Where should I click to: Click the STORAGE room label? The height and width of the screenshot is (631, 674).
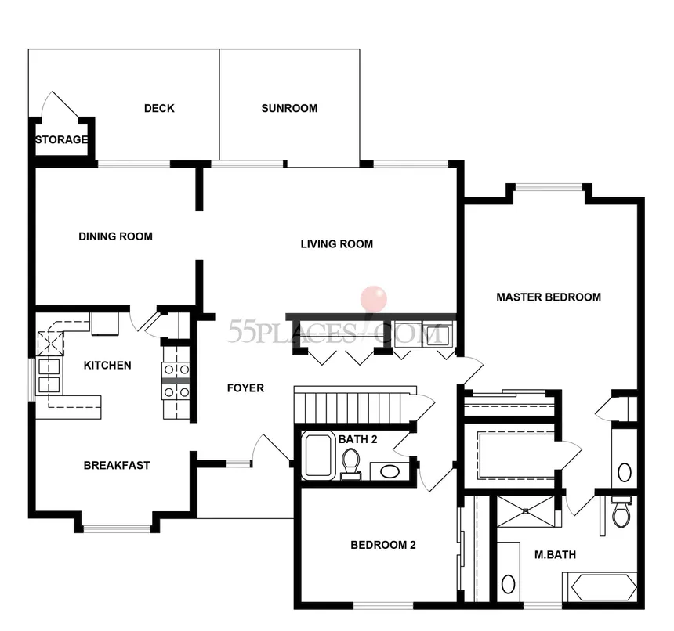point(61,140)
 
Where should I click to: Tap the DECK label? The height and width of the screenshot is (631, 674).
point(159,109)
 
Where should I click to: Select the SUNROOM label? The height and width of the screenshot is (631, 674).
point(289,109)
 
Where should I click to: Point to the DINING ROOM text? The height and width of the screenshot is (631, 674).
point(115,236)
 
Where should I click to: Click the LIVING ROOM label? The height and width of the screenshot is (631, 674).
point(336,244)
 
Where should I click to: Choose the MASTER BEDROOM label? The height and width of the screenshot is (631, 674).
point(549,297)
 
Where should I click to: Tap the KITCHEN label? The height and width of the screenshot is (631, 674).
point(107,366)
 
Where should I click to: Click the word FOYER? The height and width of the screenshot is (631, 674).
point(245,388)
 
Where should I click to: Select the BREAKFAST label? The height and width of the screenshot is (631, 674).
point(117,466)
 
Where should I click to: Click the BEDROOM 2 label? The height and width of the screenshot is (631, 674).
point(382,546)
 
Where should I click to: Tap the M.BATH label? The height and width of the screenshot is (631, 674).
point(555,555)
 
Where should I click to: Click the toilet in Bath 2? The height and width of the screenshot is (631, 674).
point(350,462)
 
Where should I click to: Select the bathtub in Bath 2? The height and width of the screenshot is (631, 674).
point(319,456)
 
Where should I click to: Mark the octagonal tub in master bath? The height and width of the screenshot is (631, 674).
point(600,586)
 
